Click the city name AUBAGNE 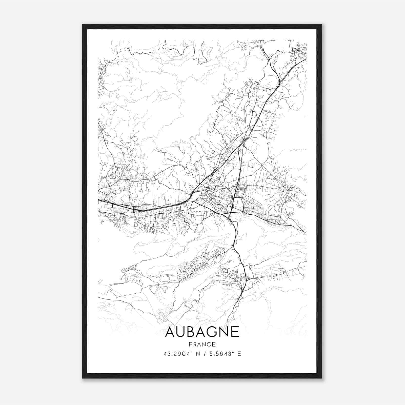pos(202,332)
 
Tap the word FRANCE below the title pos(202,345)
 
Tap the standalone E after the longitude pos(239,354)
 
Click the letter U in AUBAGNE pos(181,332)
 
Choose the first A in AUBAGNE pos(170,332)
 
